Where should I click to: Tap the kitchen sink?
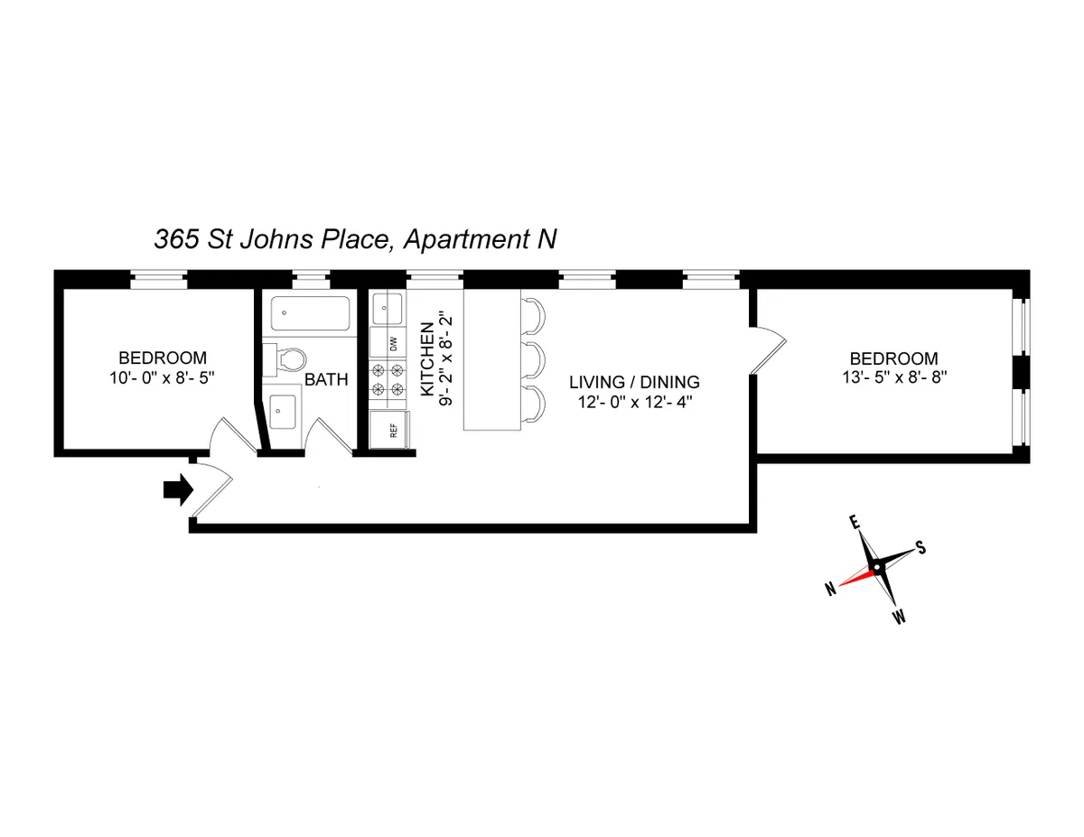[x=389, y=308]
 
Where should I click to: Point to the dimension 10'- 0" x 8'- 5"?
[x=164, y=377]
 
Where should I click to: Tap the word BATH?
[x=325, y=380]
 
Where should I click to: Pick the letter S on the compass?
[x=920, y=547]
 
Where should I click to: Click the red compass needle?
[x=855, y=577]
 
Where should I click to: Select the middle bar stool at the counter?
[x=534, y=360]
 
